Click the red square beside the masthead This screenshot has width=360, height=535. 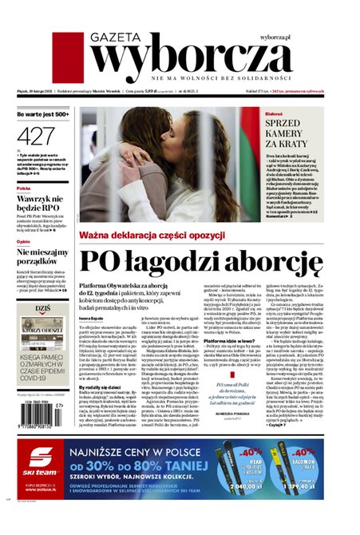click(69, 57)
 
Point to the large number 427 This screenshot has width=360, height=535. click(36, 136)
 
